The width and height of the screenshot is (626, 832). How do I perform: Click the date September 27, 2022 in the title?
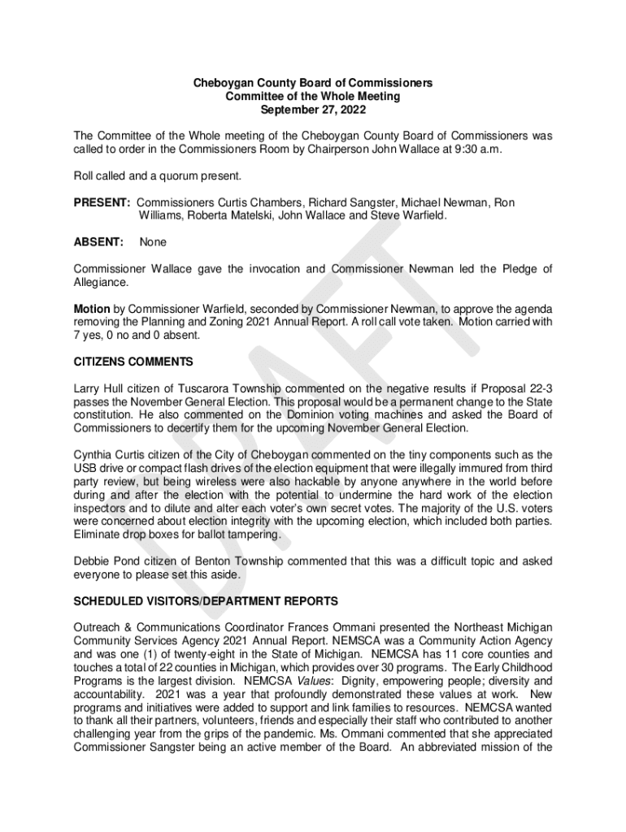[312, 109]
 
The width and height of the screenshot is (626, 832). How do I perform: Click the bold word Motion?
[92, 309]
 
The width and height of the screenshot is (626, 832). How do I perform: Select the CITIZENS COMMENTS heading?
[133, 362]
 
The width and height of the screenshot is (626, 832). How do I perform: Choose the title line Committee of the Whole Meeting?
[312, 96]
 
